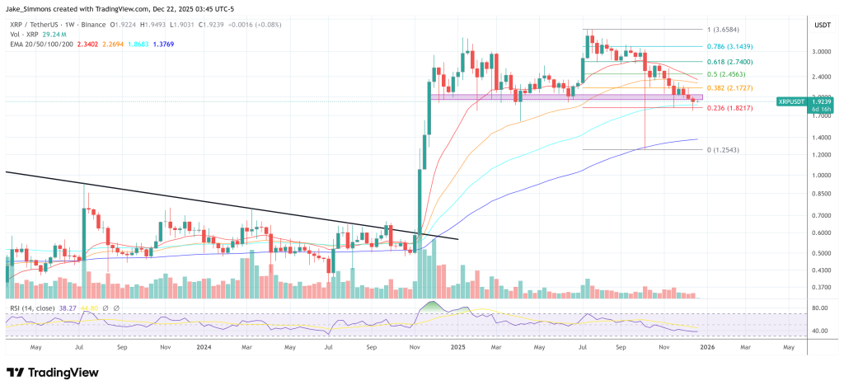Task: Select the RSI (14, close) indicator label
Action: (30, 308)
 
